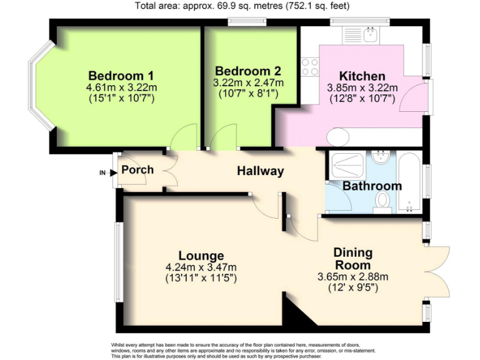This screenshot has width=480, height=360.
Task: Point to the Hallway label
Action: pos(260,171)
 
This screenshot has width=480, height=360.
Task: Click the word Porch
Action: pos(137,170)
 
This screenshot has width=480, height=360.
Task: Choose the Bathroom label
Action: pos(372,186)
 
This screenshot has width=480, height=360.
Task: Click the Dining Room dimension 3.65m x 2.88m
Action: pos(352,277)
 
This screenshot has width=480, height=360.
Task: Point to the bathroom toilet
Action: pos(382,201)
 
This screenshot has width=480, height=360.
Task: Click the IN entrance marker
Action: pos(102,172)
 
